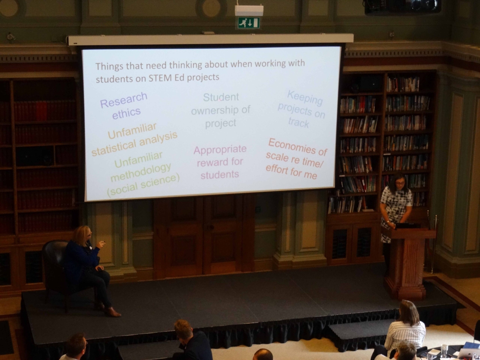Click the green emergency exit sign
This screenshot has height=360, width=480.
click(x=248, y=23)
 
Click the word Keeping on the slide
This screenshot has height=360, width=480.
click(x=305, y=98)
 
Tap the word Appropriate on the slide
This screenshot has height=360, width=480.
click(x=220, y=150)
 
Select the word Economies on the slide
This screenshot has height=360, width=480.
click(x=292, y=146)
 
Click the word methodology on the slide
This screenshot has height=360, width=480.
click(x=141, y=173)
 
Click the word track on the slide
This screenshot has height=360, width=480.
click(x=298, y=123)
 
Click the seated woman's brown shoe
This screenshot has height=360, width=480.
click(x=113, y=312)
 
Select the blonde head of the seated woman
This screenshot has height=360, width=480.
click(x=82, y=236)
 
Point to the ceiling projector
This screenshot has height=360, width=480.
click(x=402, y=6)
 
